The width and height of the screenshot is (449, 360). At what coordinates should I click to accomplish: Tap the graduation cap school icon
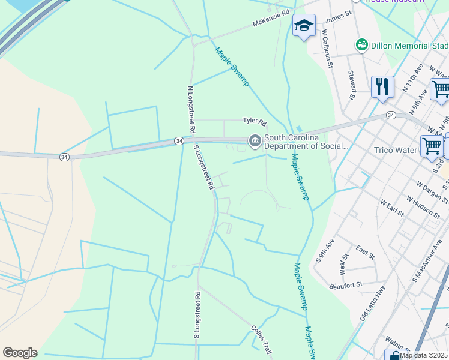pos(304,26)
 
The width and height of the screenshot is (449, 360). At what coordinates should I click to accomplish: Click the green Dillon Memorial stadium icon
pos(361,44)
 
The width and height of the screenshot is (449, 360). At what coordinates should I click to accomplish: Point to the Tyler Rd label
pos(254,121)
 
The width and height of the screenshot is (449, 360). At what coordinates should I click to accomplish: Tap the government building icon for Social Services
pos(255,141)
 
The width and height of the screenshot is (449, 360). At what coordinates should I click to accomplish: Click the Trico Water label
pos(395,150)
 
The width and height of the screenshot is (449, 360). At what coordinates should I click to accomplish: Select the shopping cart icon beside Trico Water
pos(432,145)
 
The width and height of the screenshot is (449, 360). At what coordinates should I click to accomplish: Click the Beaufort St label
pos(346,285)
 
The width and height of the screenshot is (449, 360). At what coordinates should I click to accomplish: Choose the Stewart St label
pos(352,84)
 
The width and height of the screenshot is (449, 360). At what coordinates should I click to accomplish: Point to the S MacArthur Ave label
pos(424,263)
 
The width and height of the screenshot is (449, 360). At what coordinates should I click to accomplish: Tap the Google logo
pos(20,353)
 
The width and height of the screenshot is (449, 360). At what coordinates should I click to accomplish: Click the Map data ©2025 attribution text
pos(424,355)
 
